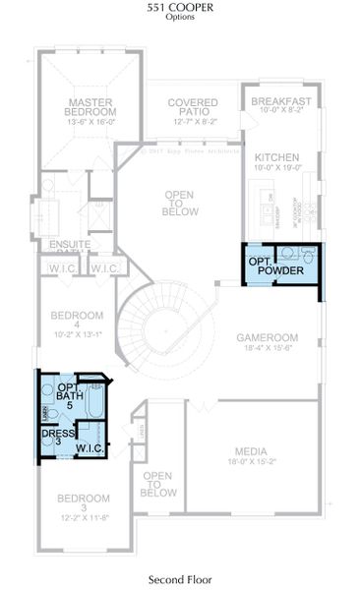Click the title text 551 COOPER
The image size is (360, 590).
180,7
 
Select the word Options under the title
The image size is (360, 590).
180,18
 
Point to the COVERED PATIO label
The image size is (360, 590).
192,107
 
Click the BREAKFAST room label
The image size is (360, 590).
280,101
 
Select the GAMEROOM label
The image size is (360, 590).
267,337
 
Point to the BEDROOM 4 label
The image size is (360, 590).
77,321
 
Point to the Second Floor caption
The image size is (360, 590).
180,580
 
